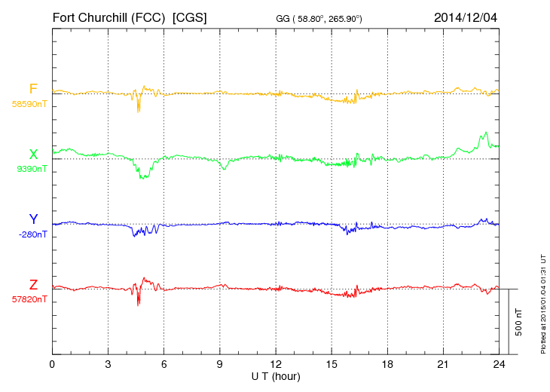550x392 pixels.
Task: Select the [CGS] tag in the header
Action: [x=190, y=16]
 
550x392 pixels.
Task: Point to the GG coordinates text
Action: [x=319, y=17]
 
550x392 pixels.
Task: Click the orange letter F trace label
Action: [x=33, y=90]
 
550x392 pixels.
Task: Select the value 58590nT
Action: [x=29, y=103]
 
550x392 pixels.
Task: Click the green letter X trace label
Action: [x=33, y=155]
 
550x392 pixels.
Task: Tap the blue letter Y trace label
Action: [x=33, y=219]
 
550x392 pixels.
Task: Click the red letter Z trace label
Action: [x=33, y=284]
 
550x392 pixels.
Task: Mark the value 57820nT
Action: [x=29, y=299]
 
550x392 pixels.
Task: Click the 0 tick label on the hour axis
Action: [x=52, y=365]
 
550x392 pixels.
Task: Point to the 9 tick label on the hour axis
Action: [x=219, y=365]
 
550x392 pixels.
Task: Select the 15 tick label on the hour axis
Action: [x=331, y=365]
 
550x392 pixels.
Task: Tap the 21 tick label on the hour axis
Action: [x=442, y=365]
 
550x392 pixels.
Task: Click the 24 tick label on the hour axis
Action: [x=498, y=365]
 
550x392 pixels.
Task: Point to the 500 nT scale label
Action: [x=519, y=322]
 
